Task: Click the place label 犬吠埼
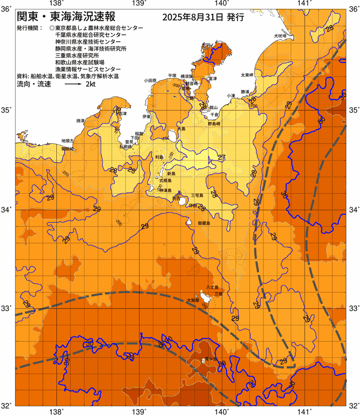(279, 36)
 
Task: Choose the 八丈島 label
(212, 287)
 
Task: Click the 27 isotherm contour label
(222, 158)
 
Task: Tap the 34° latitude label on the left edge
(6, 210)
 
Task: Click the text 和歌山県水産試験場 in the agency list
(79, 62)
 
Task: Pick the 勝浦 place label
(245, 91)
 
